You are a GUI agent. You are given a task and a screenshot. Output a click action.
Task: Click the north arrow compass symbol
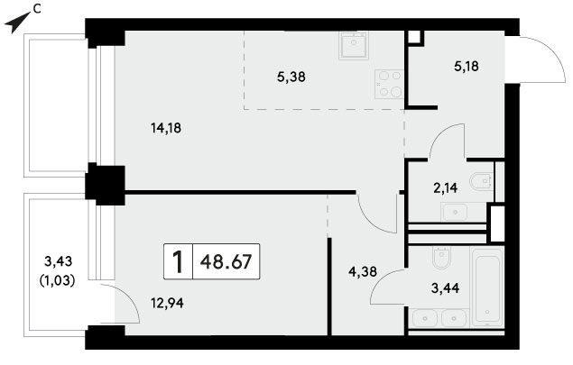tap(17, 22)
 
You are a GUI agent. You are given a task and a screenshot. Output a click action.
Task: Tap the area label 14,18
tap(166, 128)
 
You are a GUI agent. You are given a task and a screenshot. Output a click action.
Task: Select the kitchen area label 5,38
tap(291, 77)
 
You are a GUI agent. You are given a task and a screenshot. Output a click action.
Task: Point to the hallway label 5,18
tap(467, 67)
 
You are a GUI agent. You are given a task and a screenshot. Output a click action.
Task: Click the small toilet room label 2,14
tap(445, 188)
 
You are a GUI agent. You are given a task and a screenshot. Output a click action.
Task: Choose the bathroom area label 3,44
tap(445, 288)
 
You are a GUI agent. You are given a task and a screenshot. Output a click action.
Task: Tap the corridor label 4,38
tap(363, 271)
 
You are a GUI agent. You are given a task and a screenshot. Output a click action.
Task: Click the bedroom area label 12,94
tap(167, 303)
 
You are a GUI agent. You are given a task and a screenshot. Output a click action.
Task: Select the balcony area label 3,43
tap(58, 261)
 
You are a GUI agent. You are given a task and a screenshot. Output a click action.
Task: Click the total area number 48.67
tap(226, 261)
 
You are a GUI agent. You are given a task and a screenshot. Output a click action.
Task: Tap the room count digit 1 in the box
tap(178, 261)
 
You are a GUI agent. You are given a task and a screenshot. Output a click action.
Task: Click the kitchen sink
tap(354, 45)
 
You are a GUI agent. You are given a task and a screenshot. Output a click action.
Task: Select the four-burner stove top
tap(389, 84)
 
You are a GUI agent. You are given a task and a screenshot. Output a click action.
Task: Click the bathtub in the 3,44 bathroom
tap(488, 287)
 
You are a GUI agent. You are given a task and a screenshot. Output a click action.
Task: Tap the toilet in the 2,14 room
tap(482, 180)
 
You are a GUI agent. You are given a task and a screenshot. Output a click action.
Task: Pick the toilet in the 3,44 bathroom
tap(441, 258)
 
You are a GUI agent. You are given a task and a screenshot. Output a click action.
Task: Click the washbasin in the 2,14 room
tap(454, 212)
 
